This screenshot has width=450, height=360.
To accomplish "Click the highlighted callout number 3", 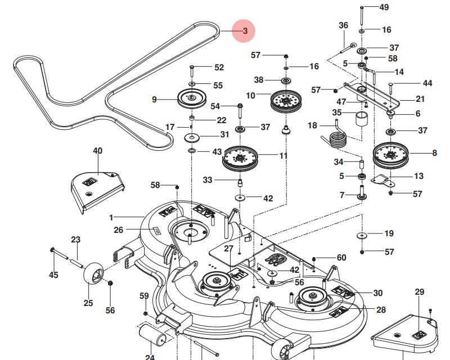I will pos(245,32).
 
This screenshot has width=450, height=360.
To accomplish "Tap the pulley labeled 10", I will pos(286,102).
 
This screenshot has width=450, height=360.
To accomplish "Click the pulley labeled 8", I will pos(390,155).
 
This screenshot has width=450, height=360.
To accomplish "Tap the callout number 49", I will pos(384,7).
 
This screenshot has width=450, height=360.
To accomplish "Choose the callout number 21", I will pos(420,99).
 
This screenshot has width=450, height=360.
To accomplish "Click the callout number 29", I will pos(419,291).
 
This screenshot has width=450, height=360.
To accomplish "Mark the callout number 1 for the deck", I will pos(111,217).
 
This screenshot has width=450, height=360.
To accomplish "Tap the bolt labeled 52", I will pos(192,71).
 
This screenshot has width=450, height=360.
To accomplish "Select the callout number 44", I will pos(427,83).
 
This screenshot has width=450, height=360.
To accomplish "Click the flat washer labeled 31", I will pos(192,137).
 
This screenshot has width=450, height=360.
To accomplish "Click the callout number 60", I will pos(341,258).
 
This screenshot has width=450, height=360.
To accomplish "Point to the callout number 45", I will pos(53,274).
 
